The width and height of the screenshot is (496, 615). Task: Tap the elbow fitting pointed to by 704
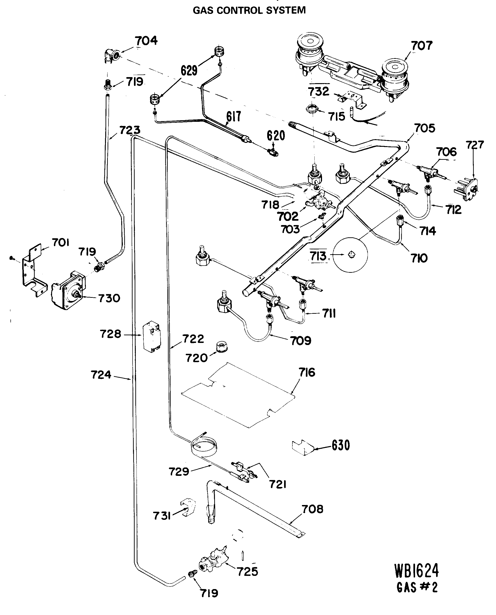[x=111, y=56]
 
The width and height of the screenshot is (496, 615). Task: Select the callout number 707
[x=422, y=45]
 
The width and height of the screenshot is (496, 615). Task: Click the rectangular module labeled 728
[x=152, y=337]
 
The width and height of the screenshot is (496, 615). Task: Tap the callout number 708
[x=313, y=509]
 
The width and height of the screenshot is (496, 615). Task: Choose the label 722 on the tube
[x=193, y=339]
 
